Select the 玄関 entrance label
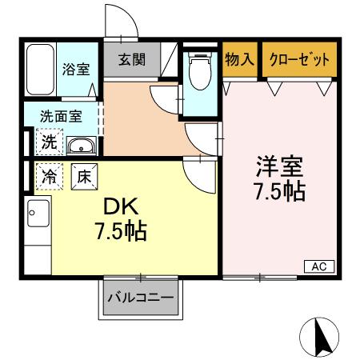point(133,60)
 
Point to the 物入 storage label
point(239,58)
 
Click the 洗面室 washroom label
point(62,115)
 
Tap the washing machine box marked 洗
point(49,143)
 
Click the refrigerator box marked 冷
point(48,175)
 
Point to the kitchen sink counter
point(38,228)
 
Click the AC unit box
point(318,266)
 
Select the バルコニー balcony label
point(140,298)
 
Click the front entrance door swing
point(120,26)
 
